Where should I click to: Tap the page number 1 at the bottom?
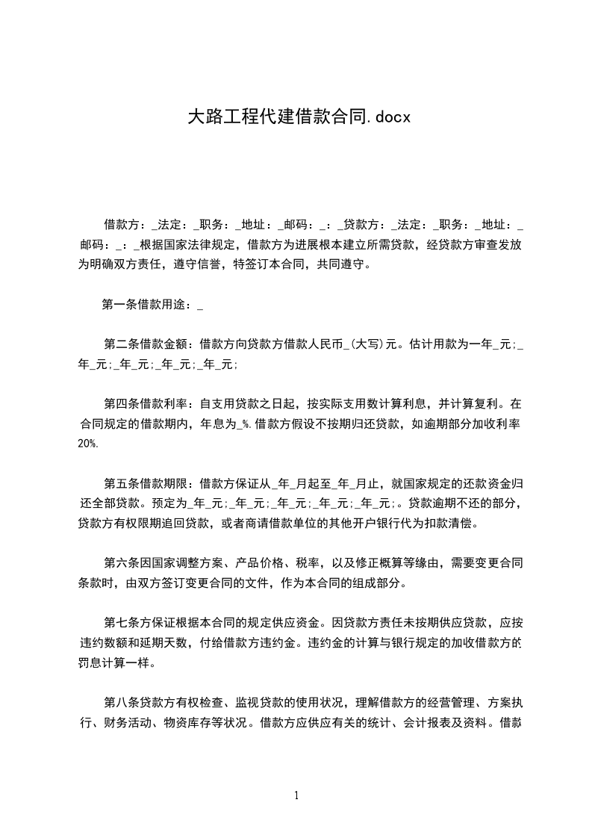296,795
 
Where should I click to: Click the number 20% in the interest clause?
87,444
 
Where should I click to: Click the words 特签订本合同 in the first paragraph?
269,264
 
